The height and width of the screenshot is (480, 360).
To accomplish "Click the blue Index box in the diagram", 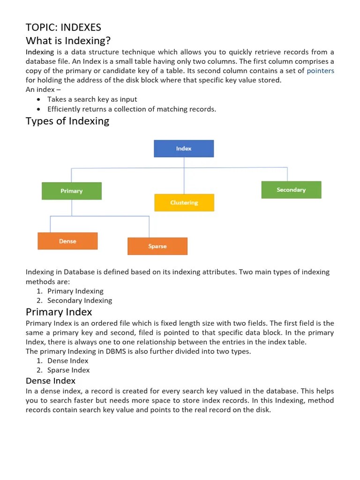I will [x=184, y=149].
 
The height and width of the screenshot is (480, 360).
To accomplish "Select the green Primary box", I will [x=72, y=191].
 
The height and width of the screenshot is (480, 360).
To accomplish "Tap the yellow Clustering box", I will [x=184, y=202].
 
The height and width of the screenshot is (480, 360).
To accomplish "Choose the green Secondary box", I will [x=291, y=190].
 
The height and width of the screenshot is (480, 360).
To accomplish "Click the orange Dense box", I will [x=67, y=241].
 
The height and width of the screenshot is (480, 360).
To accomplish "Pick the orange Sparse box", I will [x=157, y=246].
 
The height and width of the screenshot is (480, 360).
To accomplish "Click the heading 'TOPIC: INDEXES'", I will [x=63, y=27].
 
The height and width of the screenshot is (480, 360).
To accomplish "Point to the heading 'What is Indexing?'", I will [x=68, y=40].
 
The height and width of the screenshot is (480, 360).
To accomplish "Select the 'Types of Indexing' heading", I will [x=67, y=121].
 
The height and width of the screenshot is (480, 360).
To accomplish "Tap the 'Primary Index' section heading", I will [x=59, y=312].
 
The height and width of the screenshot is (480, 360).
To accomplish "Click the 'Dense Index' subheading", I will [x=51, y=381].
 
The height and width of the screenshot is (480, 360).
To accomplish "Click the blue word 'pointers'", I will [x=320, y=71].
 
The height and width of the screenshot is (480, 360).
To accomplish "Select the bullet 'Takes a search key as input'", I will [x=92, y=99].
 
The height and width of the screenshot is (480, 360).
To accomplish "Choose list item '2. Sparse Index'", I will [x=68, y=370].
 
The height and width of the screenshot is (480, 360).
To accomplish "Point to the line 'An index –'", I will [x=43, y=90].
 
